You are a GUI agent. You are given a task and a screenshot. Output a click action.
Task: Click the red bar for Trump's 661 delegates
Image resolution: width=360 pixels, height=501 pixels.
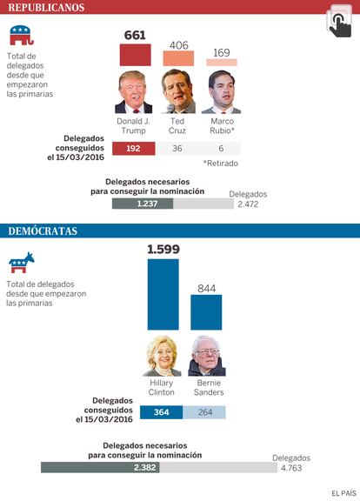[x=135, y=55]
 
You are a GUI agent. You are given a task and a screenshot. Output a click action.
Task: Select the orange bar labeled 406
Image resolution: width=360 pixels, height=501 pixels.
[x=178, y=58]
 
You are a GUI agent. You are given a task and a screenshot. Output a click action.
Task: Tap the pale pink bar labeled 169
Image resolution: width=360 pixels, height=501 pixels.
[x=222, y=63]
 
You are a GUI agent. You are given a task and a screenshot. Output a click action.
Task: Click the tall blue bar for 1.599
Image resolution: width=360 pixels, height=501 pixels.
[x=163, y=294]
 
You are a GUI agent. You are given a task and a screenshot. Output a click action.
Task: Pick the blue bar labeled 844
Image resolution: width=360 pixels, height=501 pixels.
[x=206, y=312]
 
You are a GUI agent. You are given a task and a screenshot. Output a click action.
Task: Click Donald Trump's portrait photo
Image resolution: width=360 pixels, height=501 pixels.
[x=134, y=92]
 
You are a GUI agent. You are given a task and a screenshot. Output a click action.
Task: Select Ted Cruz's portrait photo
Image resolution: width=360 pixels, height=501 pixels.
[x=178, y=91]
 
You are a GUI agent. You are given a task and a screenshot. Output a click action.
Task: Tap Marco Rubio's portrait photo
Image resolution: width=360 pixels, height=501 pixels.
[x=222, y=92]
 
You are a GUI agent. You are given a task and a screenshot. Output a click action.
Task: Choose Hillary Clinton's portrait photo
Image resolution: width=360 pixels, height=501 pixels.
[x=163, y=356]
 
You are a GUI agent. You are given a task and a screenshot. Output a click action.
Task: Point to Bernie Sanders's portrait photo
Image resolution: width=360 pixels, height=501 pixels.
[x=207, y=356]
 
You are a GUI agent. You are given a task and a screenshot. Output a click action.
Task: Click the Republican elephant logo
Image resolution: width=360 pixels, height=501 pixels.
[x=22, y=35]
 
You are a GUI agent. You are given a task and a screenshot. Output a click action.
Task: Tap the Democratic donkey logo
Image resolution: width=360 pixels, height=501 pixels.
[x=22, y=263]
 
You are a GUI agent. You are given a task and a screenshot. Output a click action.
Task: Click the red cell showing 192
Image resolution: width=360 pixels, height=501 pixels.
[x=134, y=149]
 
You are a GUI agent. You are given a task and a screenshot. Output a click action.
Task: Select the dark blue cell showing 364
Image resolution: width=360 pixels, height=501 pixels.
[x=162, y=412]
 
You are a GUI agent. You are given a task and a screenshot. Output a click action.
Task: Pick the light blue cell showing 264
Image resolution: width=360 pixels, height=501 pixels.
[x=204, y=412]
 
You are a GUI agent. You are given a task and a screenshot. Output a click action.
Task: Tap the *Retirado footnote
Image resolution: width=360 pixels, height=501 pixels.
[x=221, y=164]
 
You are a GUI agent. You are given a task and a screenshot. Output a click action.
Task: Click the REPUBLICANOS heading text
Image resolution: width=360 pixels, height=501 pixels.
[x=46, y=7]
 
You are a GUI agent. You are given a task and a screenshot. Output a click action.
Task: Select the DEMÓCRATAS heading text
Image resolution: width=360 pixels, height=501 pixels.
[x=43, y=230]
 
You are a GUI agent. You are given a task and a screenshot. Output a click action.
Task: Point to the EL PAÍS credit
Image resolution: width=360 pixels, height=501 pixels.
[x=343, y=493]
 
